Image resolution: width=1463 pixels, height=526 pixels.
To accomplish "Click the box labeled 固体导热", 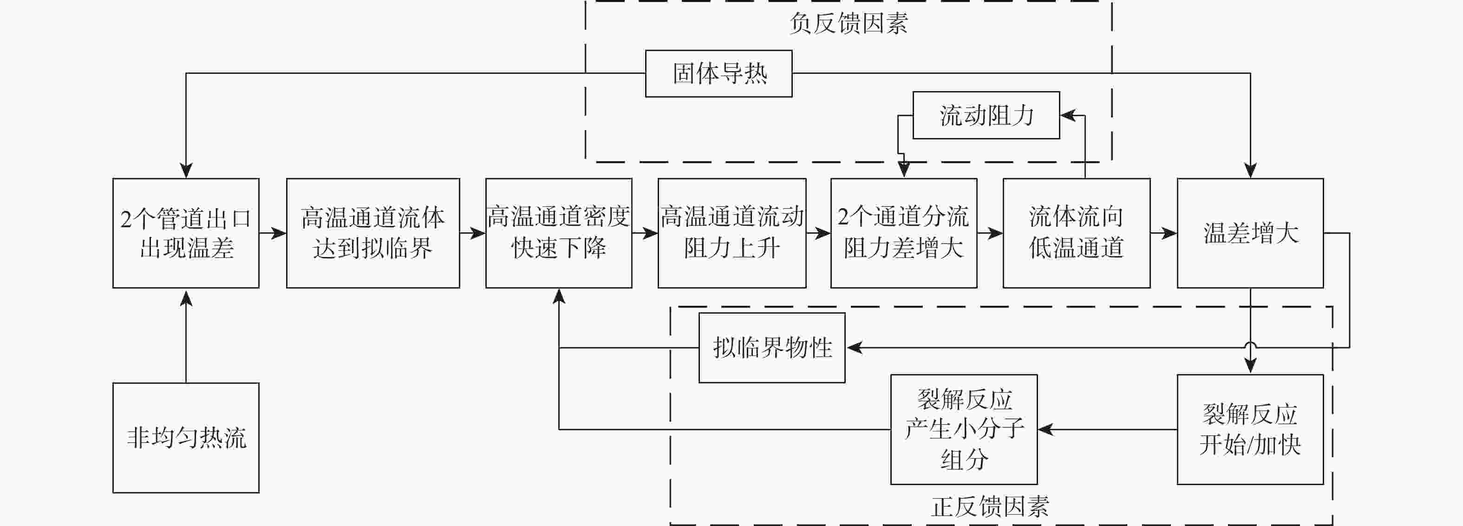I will point(718,74).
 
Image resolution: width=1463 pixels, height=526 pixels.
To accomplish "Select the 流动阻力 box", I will point(986,115).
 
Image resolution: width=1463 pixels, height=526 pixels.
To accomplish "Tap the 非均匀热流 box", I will point(186,437).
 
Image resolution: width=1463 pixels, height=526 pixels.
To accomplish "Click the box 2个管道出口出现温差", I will point(186,233).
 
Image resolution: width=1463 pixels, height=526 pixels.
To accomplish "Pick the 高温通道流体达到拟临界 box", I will point(372,233).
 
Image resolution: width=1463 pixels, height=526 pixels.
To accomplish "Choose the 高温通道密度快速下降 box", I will point(558,233).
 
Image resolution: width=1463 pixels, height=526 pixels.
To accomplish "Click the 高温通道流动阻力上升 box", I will point(731,233).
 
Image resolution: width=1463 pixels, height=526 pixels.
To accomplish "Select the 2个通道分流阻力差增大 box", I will point(904,233).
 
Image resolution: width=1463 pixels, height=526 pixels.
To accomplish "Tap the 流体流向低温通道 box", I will point(1076,233).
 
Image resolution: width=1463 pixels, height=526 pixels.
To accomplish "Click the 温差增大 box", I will point(1250,233).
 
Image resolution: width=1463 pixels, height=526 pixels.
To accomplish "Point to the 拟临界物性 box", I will point(772,348).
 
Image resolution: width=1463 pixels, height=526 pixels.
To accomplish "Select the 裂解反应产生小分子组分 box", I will point(964,429).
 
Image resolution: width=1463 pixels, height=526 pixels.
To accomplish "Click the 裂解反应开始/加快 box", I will point(1250,429).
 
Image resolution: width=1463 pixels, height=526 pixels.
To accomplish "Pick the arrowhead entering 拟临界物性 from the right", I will point(854,348).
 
